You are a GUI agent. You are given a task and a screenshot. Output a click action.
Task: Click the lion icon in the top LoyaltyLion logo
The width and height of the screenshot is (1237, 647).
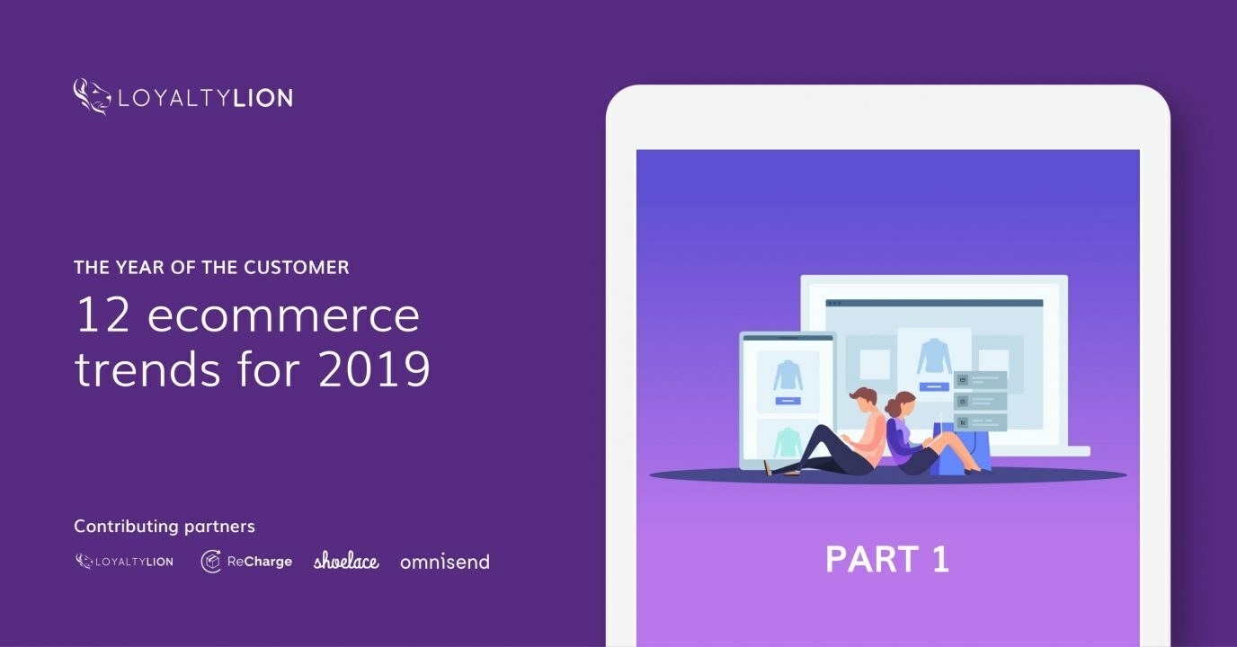[x=91, y=96]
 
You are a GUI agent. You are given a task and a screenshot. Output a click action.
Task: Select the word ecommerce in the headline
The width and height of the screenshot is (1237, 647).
[x=283, y=315]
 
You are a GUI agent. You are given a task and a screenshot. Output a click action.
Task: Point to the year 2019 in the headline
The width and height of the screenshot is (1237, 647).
[x=374, y=368]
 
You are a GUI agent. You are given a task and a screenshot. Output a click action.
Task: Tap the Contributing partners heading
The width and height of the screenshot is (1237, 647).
[x=165, y=527]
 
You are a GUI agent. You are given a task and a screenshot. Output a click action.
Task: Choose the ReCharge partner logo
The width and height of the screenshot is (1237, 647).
[x=246, y=562]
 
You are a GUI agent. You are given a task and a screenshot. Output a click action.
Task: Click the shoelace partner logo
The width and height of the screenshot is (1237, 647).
[x=346, y=562]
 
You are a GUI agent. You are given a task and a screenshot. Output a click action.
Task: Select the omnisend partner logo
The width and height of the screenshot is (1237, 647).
[x=445, y=563]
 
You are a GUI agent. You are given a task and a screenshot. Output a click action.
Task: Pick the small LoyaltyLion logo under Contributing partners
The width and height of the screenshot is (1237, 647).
[x=124, y=562]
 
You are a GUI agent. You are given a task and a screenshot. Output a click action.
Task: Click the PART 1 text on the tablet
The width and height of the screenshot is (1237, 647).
[x=887, y=559]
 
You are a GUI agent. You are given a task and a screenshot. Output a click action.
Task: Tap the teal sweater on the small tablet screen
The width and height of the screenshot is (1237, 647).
[x=788, y=440]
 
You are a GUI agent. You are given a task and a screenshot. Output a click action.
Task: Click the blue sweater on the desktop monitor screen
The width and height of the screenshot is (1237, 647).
[x=934, y=357]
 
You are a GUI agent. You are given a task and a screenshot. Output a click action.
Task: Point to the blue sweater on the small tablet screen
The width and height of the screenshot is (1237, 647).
[x=788, y=375]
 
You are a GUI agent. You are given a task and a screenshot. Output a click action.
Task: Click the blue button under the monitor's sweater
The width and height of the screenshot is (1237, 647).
[x=934, y=386]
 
